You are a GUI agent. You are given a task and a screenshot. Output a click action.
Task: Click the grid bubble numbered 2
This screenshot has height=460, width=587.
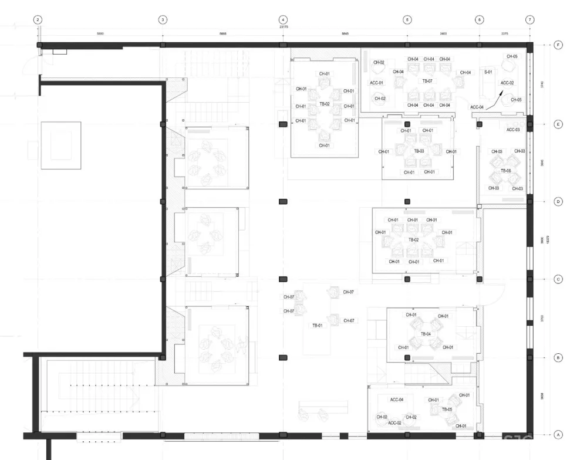(x=38, y=19)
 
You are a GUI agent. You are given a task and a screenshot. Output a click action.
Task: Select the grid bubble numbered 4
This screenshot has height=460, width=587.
(x=282, y=19)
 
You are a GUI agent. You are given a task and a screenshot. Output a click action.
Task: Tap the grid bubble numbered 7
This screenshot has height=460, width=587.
(x=530, y=19)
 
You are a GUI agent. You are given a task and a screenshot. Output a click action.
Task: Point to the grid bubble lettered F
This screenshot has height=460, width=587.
(x=558, y=45)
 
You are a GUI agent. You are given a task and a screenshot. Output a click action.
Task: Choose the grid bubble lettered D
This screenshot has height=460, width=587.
(x=558, y=201)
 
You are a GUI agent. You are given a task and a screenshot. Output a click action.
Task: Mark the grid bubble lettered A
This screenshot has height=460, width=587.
(x=558, y=435)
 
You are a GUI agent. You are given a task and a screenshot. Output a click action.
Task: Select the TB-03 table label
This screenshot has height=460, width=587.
(x=419, y=151)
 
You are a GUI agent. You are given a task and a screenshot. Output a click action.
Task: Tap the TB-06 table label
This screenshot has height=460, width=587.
(x=505, y=171)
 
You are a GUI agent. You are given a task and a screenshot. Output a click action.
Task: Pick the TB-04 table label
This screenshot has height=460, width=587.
(x=426, y=334)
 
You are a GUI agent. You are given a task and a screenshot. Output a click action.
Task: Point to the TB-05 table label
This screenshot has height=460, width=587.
(x=447, y=409)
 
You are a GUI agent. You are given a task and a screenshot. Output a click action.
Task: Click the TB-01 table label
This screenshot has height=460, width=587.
(x=318, y=325)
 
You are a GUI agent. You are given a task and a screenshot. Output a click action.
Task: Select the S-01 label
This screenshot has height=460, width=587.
(x=488, y=72)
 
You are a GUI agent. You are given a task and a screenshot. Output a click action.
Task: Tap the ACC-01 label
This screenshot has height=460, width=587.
(x=376, y=83)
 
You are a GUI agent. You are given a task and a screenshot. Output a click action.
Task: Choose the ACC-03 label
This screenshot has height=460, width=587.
(x=513, y=130)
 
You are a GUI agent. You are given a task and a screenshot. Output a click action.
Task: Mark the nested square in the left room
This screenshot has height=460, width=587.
(x=61, y=146)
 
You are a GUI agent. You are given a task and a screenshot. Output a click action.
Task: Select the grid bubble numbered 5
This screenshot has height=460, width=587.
(x=407, y=19)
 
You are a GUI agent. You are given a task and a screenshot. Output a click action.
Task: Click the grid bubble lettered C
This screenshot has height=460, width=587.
(x=558, y=279)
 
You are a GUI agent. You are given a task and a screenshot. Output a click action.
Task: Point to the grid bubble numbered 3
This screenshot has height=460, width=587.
(x=163, y=19)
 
